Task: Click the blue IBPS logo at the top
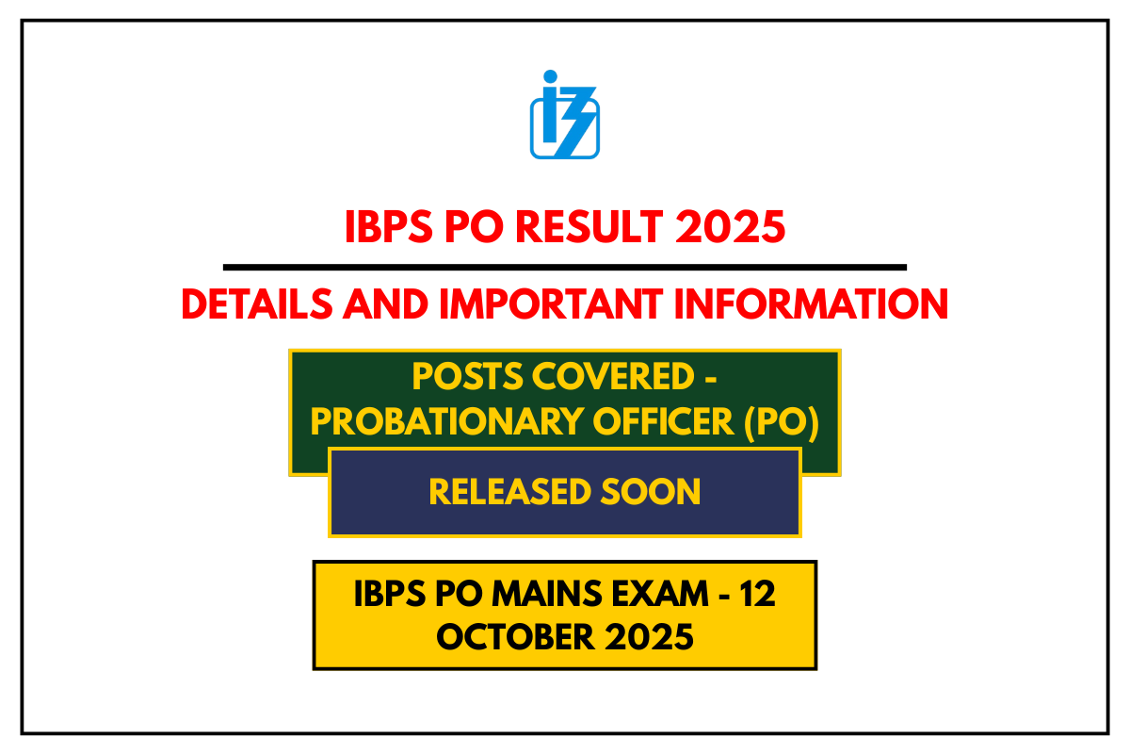coord(564,115)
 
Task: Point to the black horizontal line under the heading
coord(565,268)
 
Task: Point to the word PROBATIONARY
coord(432,423)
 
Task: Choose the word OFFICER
coord(647,423)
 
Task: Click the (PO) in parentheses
coord(781,423)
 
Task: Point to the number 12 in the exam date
coord(757,595)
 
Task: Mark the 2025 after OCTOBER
coord(651,637)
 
